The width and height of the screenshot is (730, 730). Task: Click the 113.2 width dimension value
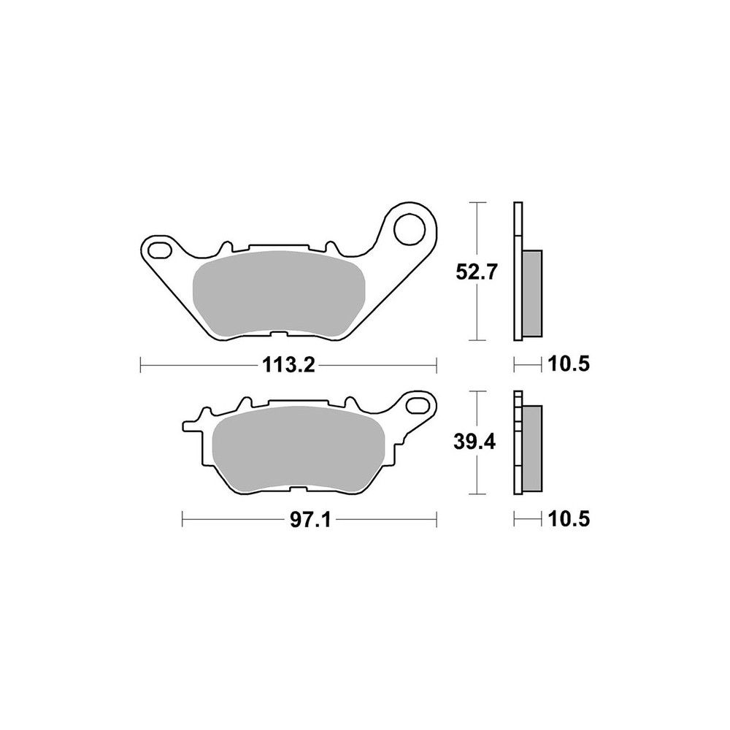point(288,365)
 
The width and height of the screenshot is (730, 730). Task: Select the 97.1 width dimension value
point(310,520)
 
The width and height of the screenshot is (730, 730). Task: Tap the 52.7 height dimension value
point(477,272)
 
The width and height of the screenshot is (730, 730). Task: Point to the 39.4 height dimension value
point(475,443)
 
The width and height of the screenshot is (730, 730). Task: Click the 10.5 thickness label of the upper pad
point(569,364)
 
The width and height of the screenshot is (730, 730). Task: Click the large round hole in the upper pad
point(410,229)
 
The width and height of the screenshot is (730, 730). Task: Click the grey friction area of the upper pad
point(278,293)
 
